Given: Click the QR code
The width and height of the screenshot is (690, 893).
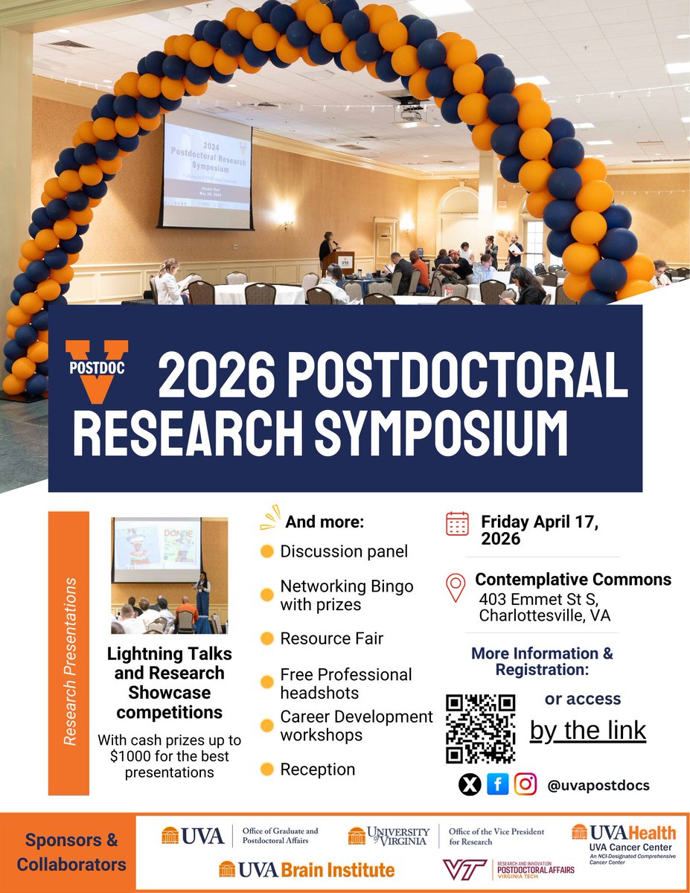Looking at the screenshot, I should (x=480, y=729).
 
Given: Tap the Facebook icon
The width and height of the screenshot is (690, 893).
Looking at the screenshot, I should (x=497, y=784).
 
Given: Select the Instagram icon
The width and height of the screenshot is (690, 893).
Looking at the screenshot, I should (x=526, y=784).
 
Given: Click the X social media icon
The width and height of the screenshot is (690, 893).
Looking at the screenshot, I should (x=470, y=784).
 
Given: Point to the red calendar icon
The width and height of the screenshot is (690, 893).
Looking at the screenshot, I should (x=457, y=523).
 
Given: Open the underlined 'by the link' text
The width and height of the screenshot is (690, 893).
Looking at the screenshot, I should (x=588, y=730).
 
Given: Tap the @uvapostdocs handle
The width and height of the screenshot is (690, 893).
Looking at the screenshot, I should (x=598, y=785).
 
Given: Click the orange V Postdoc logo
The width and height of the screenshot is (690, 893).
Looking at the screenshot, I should (x=98, y=370).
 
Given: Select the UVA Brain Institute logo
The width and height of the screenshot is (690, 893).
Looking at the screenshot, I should (x=307, y=869).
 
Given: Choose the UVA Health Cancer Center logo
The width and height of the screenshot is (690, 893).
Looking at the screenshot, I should (x=624, y=841).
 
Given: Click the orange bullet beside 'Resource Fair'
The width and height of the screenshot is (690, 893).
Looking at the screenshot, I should (x=266, y=639).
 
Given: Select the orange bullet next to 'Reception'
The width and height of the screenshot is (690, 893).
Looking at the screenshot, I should (x=266, y=769).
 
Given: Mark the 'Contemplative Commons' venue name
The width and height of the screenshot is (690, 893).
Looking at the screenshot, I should (x=573, y=579).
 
